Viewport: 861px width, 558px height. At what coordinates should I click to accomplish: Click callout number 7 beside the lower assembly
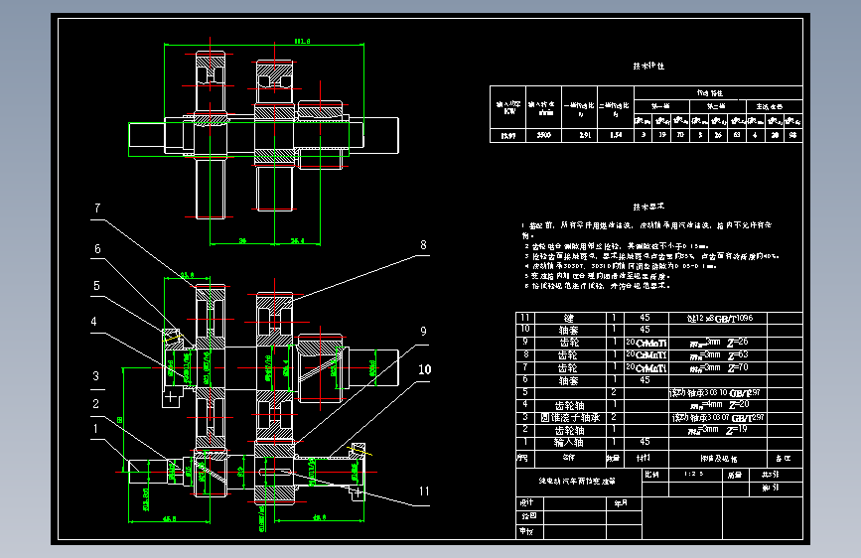[98, 209]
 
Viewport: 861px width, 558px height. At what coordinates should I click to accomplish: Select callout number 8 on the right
[422, 245]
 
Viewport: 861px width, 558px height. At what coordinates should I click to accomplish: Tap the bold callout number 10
[425, 369]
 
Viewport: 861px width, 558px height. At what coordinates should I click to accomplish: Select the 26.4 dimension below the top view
[298, 240]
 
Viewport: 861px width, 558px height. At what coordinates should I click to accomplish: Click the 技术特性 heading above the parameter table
[649, 66]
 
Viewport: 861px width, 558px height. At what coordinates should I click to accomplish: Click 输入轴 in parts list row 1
[568, 442]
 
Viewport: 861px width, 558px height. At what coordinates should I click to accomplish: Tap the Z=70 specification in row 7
[738, 367]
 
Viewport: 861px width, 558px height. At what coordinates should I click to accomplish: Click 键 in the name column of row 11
[568, 318]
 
